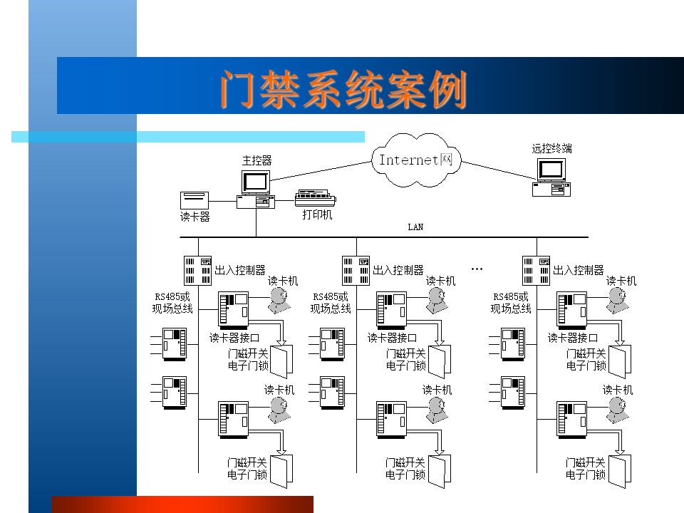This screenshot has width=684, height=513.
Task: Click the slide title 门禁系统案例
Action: click(343, 90)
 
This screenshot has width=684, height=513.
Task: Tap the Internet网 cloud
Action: click(415, 160)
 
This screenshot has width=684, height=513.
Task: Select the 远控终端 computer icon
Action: click(551, 177)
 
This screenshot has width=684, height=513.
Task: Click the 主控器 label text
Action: click(257, 161)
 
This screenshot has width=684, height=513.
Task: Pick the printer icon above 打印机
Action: click(316, 199)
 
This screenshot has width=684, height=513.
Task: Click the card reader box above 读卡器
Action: click(195, 201)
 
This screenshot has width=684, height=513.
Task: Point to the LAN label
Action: click(415, 227)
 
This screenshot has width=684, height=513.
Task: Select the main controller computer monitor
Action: click(256, 182)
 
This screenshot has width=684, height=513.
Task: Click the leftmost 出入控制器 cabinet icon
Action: click(197, 271)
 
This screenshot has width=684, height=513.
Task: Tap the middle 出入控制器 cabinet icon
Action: click(356, 271)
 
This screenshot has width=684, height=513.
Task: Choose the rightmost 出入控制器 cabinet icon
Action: click(536, 271)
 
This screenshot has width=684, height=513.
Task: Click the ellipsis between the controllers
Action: click(477, 269)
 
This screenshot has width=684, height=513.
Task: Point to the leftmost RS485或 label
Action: click(172, 296)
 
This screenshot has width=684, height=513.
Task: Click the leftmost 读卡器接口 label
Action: click(234, 338)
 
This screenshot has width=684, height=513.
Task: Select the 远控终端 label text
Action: click(551, 148)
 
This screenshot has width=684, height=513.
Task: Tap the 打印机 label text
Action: click(318, 214)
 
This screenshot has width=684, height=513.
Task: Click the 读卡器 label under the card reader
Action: click(195, 217)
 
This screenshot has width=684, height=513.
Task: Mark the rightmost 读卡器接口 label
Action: click(573, 338)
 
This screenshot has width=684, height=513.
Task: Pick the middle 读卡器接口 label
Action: click(393, 338)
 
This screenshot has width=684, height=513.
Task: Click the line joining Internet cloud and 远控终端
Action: click(499, 170)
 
